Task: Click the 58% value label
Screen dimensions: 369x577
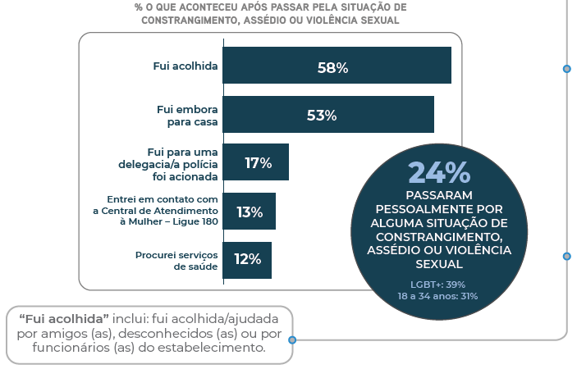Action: click(332, 67)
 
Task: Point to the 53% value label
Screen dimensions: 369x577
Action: click(322, 116)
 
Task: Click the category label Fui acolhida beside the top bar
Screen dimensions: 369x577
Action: click(185, 66)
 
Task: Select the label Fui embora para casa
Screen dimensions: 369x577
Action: click(187, 115)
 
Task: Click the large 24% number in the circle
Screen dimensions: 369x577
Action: click(439, 172)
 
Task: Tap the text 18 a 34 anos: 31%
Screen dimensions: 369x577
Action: click(438, 296)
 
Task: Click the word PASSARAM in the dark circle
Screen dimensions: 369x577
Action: click(439, 195)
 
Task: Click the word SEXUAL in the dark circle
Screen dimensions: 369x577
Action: click(439, 264)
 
